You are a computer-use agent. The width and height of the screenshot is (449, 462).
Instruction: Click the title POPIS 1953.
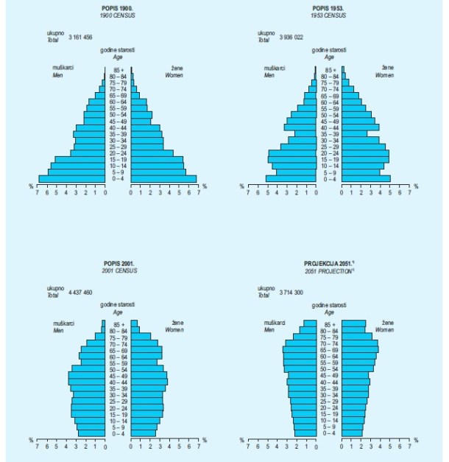click(329, 8)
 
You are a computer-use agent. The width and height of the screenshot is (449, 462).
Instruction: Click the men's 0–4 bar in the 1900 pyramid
click(71, 178)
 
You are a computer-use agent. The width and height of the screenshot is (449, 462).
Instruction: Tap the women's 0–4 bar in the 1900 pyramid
click(163, 178)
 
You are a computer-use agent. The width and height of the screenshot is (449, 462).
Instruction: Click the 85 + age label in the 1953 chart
click(329, 69)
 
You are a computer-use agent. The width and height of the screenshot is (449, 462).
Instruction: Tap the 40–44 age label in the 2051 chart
click(329, 382)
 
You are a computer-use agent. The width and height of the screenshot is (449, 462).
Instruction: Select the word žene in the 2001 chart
click(177, 323)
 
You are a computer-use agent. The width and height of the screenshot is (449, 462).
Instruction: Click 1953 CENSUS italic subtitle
click(329, 15)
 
